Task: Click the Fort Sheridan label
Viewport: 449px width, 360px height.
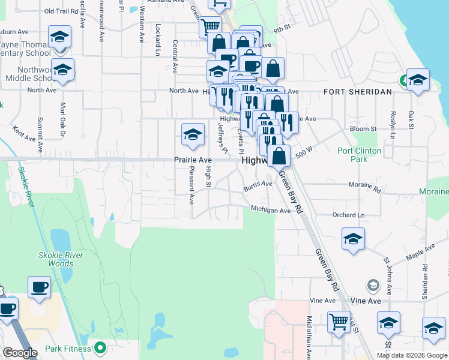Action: (357, 92)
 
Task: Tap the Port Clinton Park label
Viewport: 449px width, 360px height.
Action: (361, 155)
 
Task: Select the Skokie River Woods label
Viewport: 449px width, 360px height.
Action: (65, 259)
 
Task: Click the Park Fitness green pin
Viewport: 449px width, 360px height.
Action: (101, 348)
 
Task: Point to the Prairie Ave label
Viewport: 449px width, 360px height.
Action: (193, 160)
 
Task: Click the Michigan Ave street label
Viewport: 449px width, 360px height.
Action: (271, 210)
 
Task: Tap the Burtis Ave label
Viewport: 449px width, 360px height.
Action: (258, 187)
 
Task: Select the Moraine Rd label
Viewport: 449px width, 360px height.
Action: (365, 187)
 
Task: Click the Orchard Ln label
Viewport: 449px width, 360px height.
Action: (348, 215)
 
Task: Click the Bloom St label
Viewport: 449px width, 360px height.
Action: (363, 128)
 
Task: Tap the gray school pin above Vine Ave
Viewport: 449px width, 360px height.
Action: (373, 284)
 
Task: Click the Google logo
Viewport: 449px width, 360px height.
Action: (20, 353)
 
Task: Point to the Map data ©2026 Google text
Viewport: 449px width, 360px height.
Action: (412, 355)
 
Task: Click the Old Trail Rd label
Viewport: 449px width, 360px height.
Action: (62, 11)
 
